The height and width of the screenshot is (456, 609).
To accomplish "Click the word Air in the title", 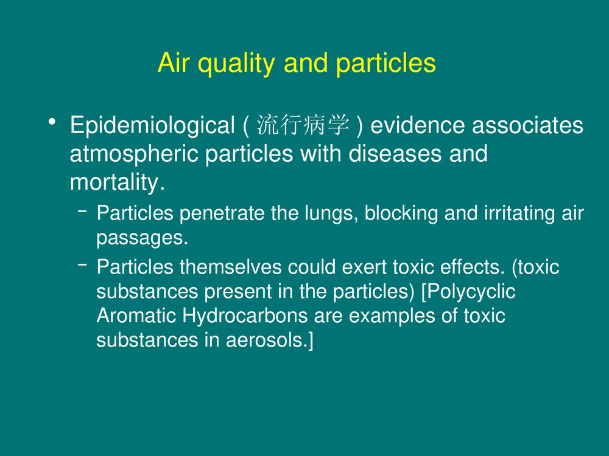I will [173, 63].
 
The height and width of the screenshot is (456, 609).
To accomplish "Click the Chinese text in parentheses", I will [303, 126].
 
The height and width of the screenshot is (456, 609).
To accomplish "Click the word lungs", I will [334, 215].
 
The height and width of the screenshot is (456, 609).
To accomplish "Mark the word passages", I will [142, 239].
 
